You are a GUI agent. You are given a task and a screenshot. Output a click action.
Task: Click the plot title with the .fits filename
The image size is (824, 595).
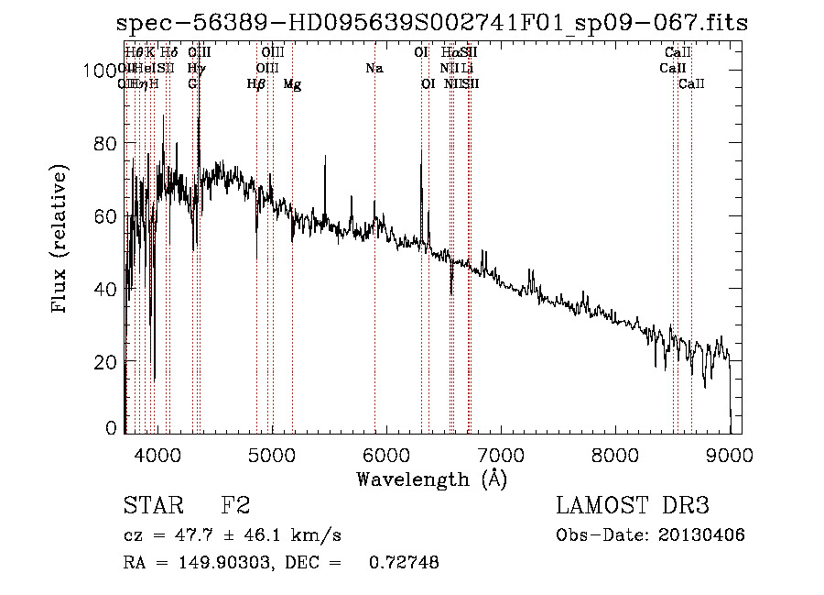coord(432,23)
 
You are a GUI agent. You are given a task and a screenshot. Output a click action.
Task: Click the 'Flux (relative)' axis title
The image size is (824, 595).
coord(61,240)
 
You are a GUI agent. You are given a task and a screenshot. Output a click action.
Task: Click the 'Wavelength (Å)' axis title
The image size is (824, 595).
coord(431,479)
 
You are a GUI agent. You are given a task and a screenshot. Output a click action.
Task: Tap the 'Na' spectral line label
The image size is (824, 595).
coord(374,68)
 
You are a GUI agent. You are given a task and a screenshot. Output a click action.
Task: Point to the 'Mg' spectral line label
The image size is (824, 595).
coord(292,84)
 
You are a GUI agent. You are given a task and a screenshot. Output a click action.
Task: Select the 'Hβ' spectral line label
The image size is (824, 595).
coord(256,84)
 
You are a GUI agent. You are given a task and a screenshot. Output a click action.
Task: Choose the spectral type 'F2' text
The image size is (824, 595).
coord(236,506)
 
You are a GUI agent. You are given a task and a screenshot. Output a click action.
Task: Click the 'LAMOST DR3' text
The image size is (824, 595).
coord(632,506)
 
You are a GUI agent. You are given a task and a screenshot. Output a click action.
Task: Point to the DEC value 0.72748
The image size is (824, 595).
coord(403,563)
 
